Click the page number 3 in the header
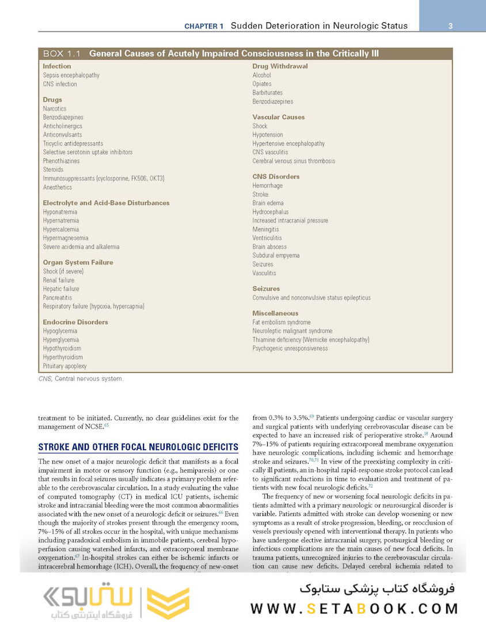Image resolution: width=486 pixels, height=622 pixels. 450,25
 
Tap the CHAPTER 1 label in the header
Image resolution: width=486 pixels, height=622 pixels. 204,26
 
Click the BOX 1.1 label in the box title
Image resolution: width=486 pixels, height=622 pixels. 62,54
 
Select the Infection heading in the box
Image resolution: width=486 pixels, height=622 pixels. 57,66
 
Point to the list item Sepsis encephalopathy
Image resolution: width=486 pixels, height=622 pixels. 71,75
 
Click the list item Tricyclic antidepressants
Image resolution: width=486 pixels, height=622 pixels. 73,143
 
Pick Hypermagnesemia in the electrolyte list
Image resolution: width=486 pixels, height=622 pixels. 65,238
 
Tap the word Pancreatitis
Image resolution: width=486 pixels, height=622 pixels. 58,298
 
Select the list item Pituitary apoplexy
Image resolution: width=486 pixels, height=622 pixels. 64,366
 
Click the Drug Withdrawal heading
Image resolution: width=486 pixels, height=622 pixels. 280,66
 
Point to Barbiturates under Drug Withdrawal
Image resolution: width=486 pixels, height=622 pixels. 267,93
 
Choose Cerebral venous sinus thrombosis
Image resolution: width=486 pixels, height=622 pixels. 294,161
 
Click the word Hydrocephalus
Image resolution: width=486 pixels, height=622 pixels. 271,212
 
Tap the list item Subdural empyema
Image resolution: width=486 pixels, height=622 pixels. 276,255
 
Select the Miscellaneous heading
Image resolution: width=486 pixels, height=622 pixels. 275,313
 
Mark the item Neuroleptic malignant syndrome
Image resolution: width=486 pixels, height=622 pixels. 292,331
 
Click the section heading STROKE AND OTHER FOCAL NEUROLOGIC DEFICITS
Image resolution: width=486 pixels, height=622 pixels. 138,447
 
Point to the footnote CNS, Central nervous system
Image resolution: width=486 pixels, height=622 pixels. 81,379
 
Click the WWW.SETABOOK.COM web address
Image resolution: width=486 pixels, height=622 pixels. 354,609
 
